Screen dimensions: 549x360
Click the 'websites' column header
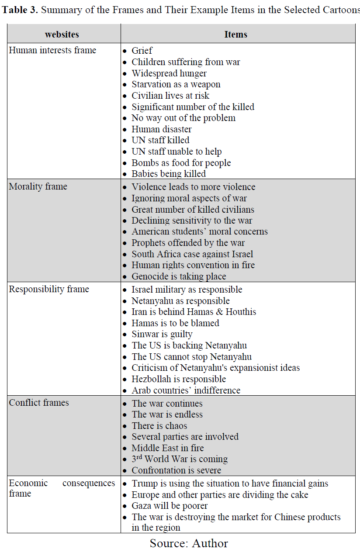(62, 34)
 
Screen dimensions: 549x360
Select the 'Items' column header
(236, 34)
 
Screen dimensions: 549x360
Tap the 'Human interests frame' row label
(52, 50)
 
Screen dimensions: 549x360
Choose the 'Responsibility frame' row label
(49, 289)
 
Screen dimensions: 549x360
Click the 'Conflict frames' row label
(39, 403)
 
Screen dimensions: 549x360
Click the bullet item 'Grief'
(142, 51)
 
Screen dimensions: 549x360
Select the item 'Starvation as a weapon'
(176, 84)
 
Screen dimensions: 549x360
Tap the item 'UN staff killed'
(160, 140)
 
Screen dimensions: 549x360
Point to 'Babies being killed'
(169, 174)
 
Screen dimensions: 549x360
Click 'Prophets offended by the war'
(188, 243)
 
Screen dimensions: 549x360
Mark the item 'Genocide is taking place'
(179, 276)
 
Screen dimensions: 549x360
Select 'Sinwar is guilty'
(162, 334)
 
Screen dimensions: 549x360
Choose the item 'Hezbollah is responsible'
(179, 379)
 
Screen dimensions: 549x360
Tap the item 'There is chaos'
(159, 426)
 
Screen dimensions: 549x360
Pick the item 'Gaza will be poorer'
(170, 506)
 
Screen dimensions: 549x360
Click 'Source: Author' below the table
(189, 543)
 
